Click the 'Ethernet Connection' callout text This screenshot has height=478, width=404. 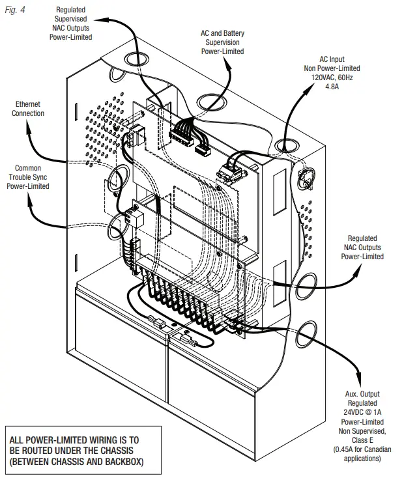[28, 109]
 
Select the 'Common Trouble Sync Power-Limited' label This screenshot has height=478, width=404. [27, 177]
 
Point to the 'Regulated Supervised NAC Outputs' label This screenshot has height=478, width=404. [74, 24]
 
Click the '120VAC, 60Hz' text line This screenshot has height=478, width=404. [332, 76]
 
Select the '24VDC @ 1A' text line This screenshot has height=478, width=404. [362, 412]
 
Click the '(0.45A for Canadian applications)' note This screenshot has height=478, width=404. [362, 454]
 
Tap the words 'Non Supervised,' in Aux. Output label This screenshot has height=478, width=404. [362, 430]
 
